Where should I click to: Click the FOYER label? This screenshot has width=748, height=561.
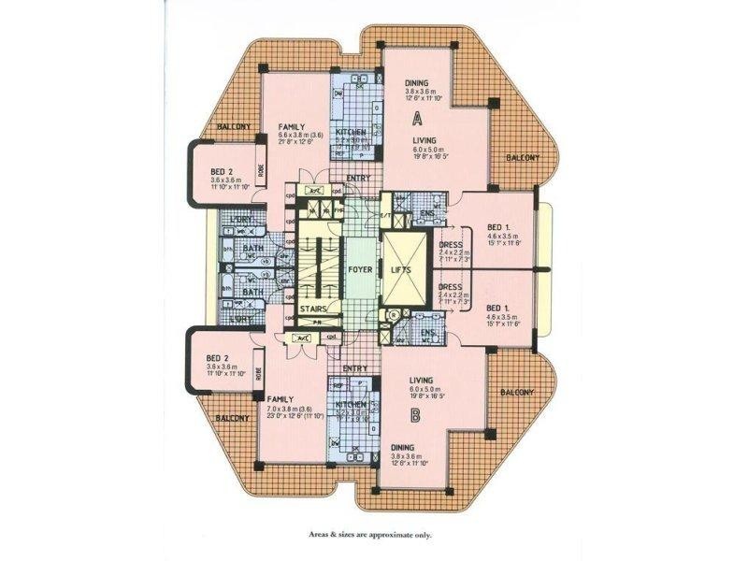361,270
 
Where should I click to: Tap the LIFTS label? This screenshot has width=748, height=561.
403,270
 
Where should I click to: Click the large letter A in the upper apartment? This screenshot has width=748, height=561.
419,118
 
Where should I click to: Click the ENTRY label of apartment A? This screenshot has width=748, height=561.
358,178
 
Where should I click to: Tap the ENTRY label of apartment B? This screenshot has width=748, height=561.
353,368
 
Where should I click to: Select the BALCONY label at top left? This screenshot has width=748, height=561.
233,125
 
